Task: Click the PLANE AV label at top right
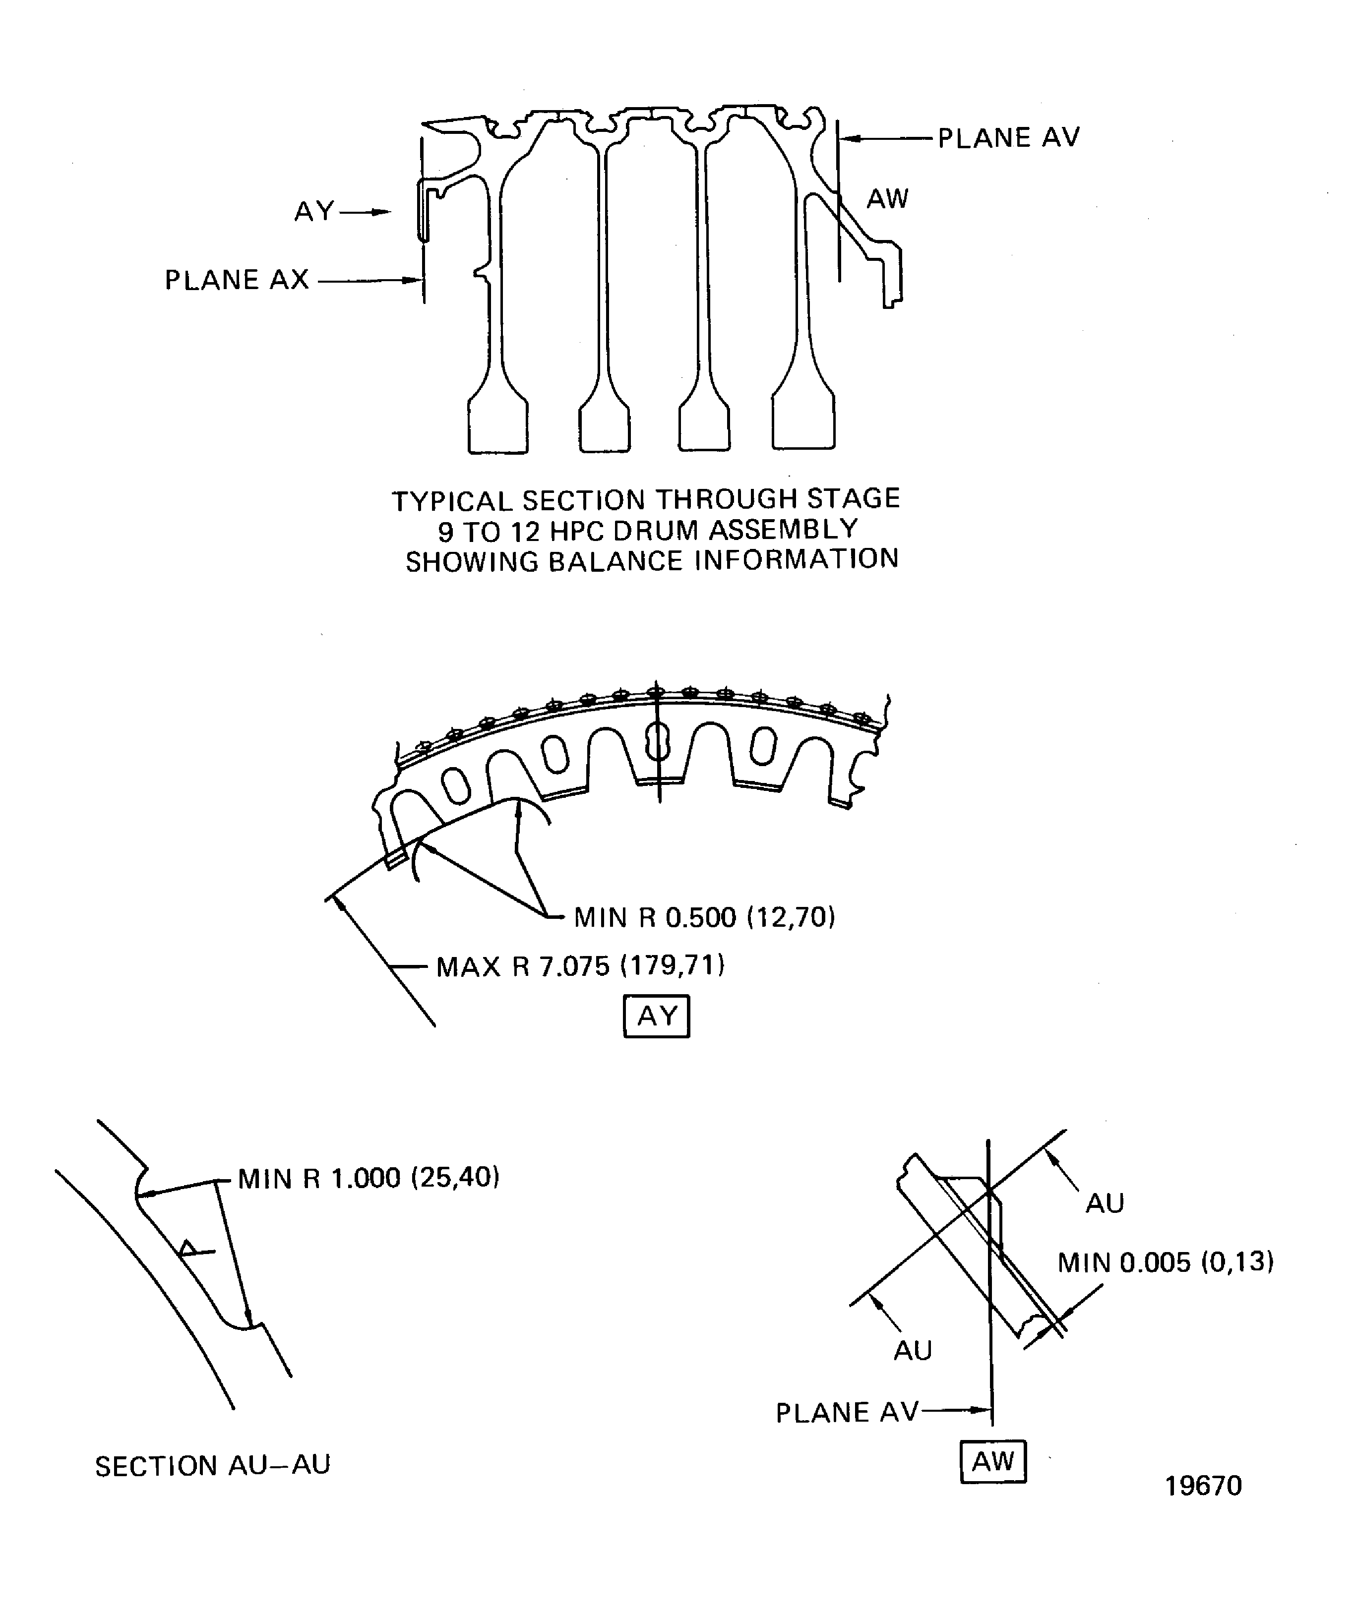(x=1008, y=138)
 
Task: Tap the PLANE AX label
(x=237, y=280)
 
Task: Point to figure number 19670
(x=1202, y=1486)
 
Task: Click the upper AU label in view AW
(x=1105, y=1202)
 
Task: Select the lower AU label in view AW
(x=913, y=1350)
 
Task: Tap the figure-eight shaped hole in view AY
(x=657, y=741)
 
